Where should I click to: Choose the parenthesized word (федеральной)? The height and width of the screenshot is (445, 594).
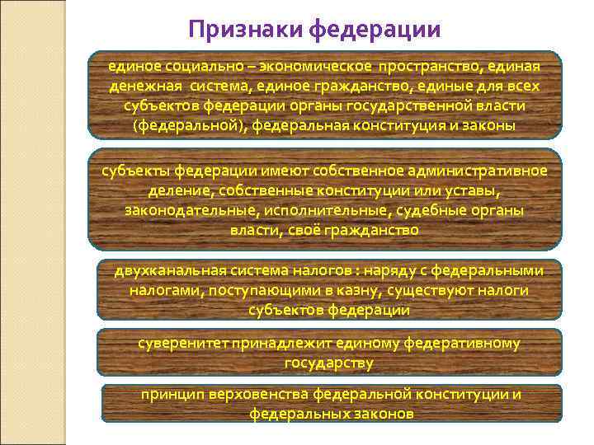click(x=188, y=126)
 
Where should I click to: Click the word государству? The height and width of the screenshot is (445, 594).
click(x=328, y=363)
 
